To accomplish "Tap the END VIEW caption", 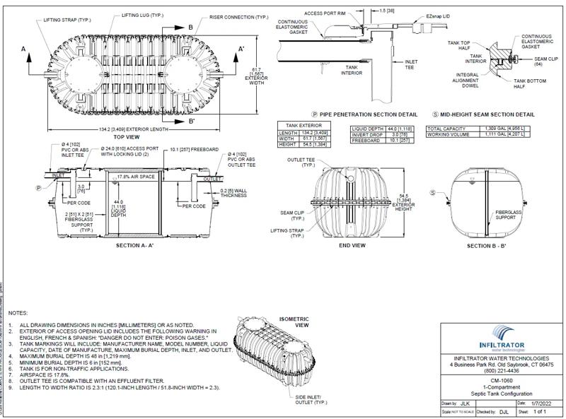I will pyautogui.click(x=352, y=245).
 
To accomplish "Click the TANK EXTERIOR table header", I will pyautogui.click(x=299, y=124).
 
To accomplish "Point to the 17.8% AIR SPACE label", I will pyautogui.click(x=134, y=176).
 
